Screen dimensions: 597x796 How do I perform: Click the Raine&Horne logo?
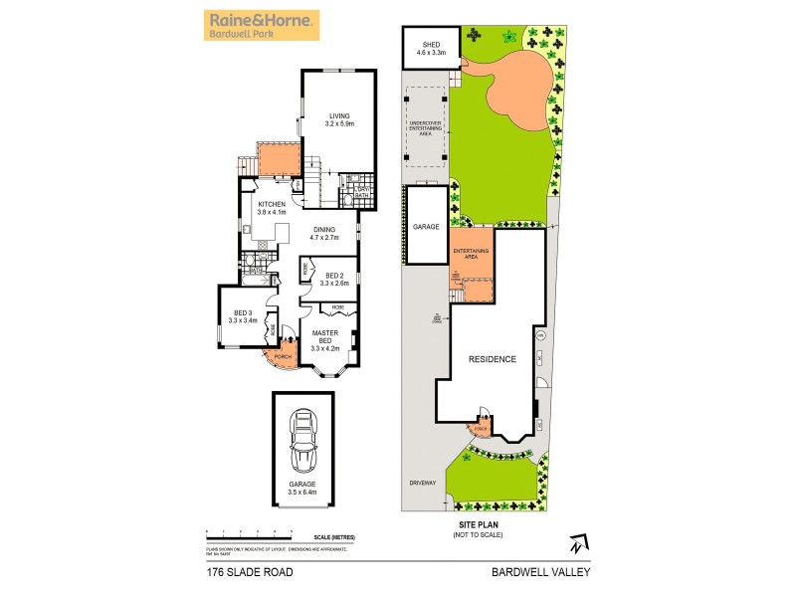click(x=261, y=25)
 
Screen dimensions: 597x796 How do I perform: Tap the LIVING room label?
click(x=340, y=120)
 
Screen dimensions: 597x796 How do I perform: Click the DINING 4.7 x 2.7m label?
click(x=324, y=234)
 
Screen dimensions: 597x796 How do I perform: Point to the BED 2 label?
click(x=334, y=281)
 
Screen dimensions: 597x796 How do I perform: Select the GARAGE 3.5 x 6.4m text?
click(x=302, y=488)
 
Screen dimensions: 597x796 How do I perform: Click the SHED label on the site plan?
click(x=430, y=47)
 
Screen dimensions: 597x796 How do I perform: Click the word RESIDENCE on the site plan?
click(x=494, y=359)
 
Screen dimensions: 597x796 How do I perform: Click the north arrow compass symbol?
click(x=576, y=543)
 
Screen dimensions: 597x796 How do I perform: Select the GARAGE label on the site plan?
click(x=425, y=228)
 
